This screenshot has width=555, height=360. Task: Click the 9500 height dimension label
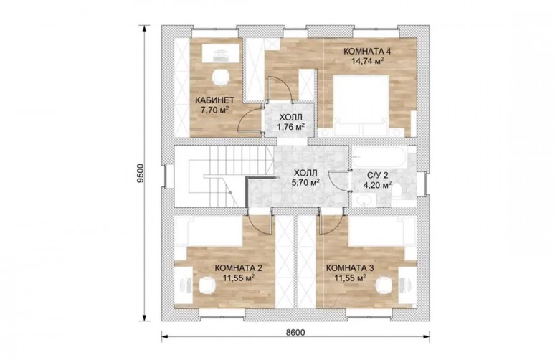point(141,173)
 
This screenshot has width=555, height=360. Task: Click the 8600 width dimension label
point(295,332)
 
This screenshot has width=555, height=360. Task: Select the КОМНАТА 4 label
point(367,52)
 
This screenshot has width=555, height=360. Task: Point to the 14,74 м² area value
point(367,60)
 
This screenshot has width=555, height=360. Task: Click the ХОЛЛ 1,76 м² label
point(291,122)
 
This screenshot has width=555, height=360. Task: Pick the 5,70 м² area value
point(305,182)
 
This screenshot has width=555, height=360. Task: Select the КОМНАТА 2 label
point(238,268)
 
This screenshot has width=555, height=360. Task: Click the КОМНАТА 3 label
point(349,268)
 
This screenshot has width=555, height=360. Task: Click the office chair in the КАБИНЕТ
point(221,77)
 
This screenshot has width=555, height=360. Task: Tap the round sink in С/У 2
point(364,202)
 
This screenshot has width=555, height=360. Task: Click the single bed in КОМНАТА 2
point(209,231)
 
